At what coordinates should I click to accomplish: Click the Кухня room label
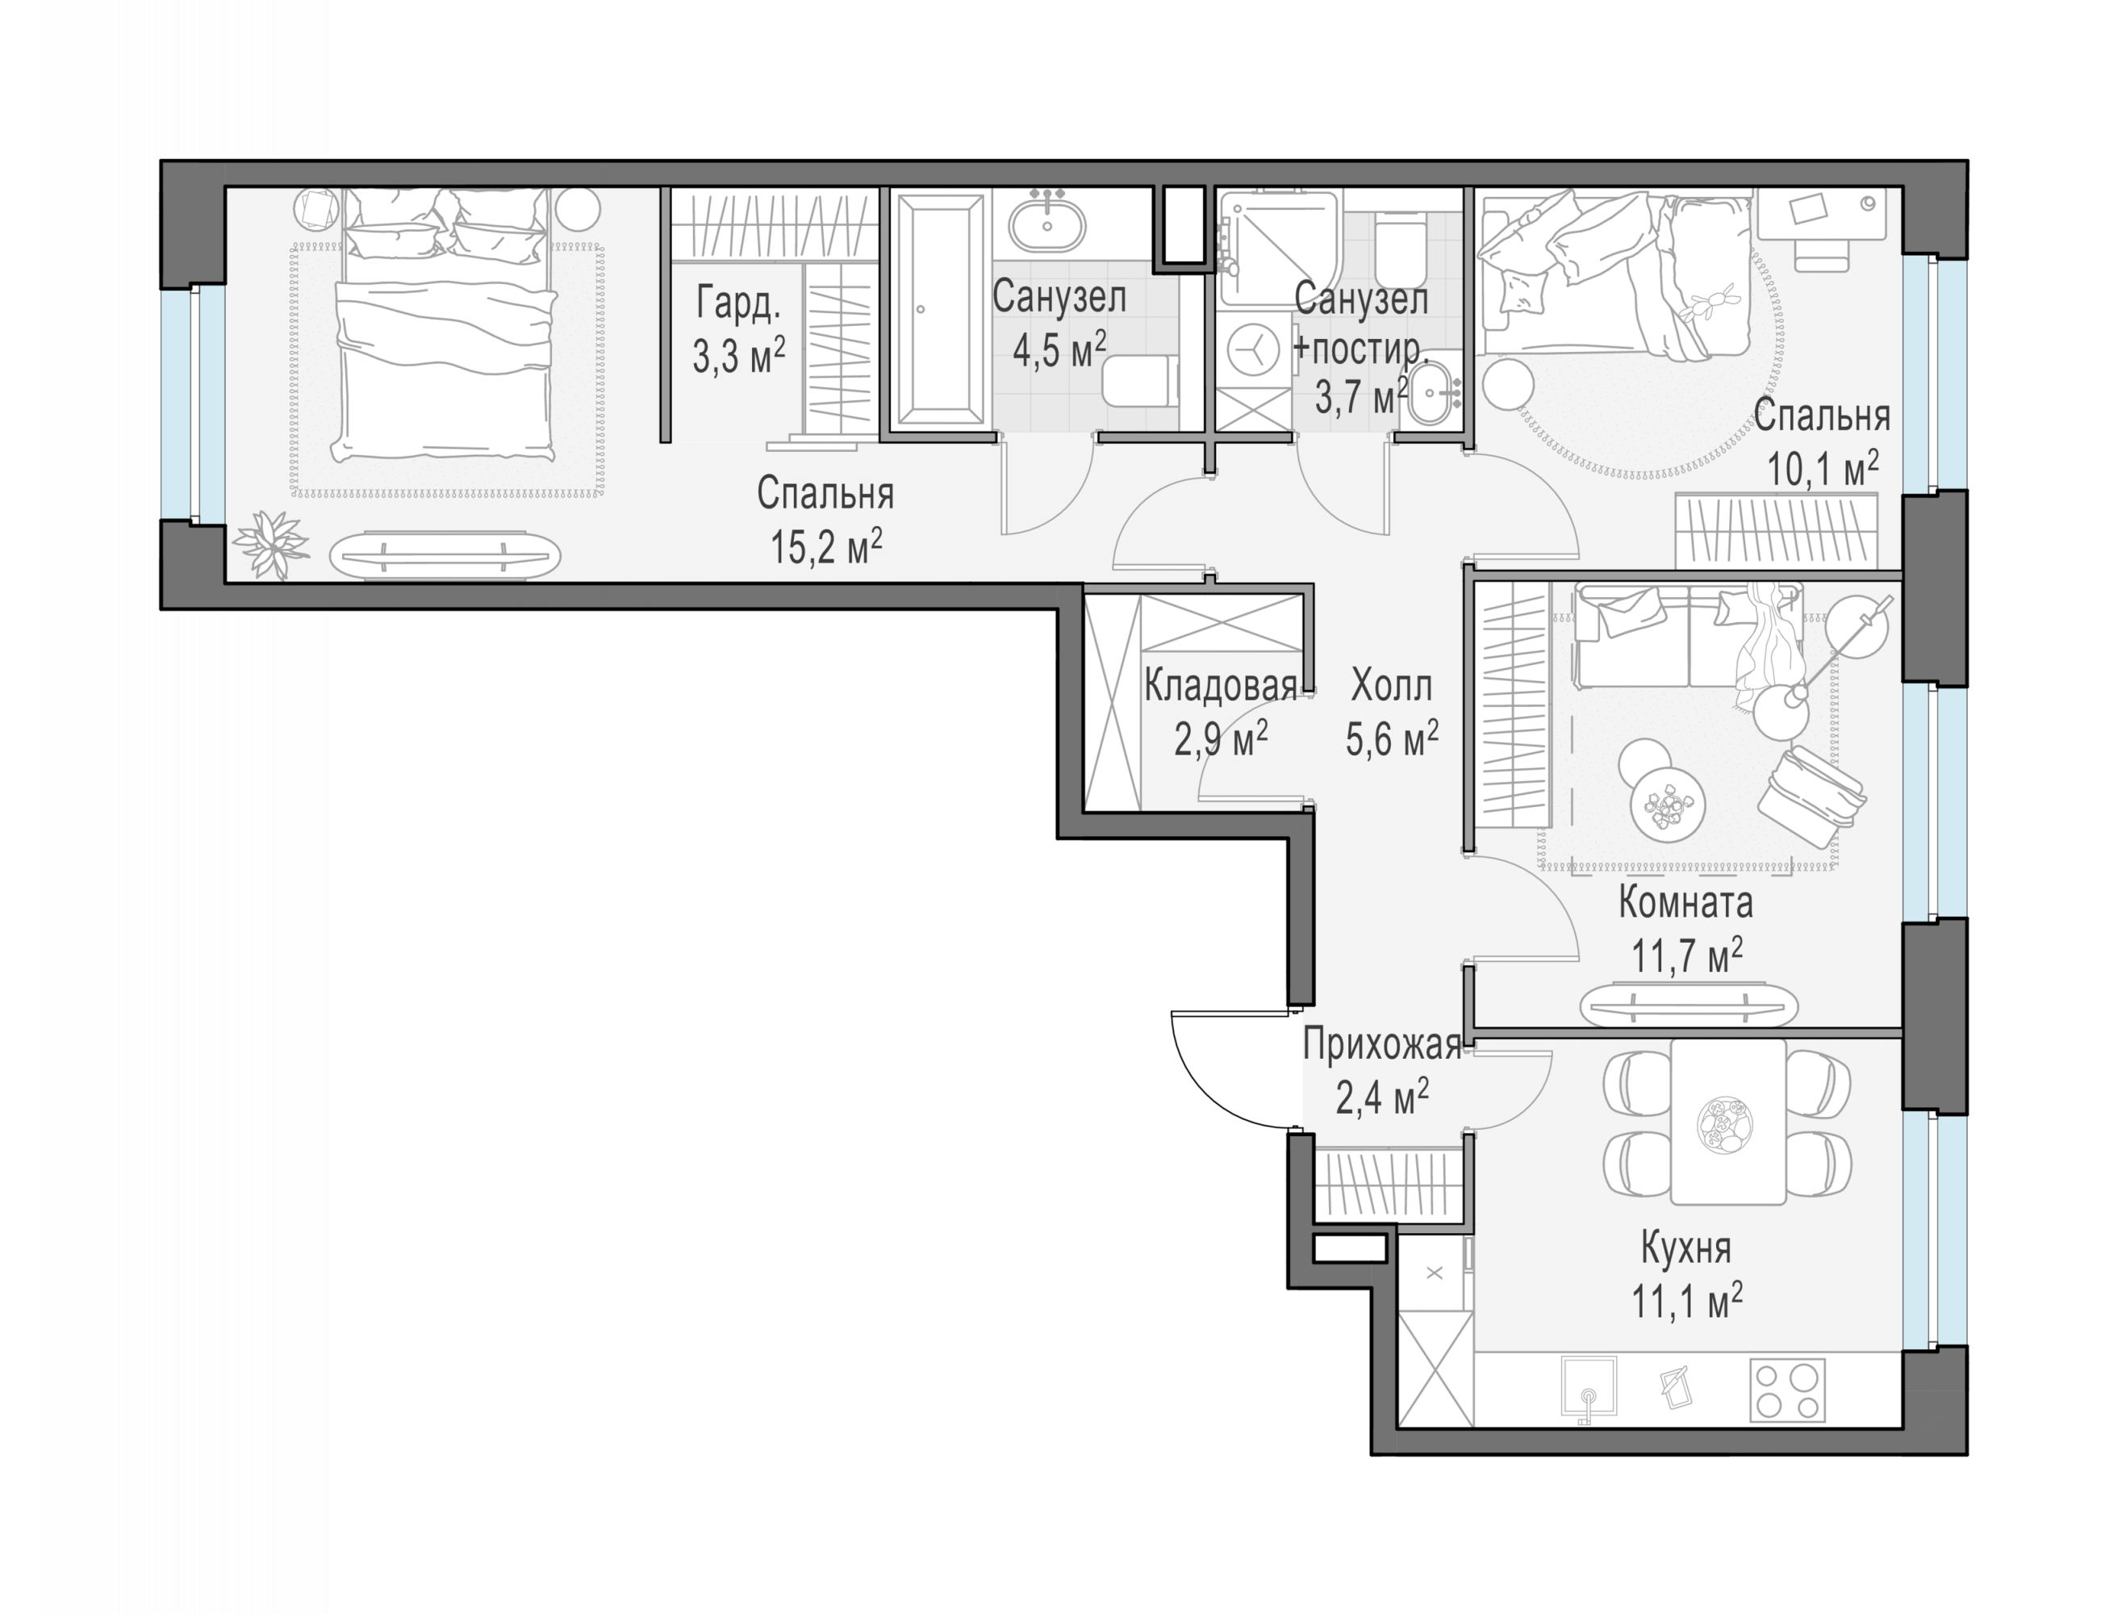(1685, 1248)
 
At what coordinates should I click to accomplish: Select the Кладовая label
(1221, 687)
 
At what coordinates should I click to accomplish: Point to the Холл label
(1391, 687)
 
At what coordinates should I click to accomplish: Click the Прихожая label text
(1382, 1045)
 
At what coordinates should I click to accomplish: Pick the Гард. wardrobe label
(738, 303)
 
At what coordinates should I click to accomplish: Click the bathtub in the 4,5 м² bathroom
(940, 311)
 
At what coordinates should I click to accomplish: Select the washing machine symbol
(1253, 351)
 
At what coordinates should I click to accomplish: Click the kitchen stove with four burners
(1788, 1390)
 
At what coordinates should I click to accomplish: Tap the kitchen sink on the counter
(1589, 1388)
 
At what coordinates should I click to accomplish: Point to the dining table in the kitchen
(1728, 1121)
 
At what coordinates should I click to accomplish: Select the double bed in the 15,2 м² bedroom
(444, 327)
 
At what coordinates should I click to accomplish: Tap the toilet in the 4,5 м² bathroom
(1142, 382)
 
